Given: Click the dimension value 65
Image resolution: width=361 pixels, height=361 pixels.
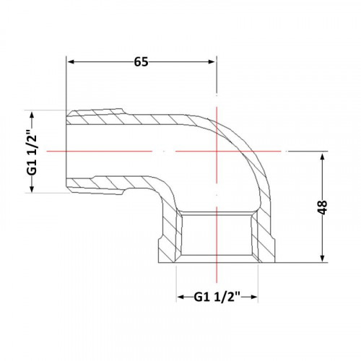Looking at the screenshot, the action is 141,62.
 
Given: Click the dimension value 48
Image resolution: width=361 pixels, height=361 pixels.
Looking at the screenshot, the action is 322,207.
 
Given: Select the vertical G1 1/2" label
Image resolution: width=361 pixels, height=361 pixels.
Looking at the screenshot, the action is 32,152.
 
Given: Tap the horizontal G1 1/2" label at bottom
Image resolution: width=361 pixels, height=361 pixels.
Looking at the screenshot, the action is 217,297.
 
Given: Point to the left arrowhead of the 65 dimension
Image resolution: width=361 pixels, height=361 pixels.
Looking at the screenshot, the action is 71,62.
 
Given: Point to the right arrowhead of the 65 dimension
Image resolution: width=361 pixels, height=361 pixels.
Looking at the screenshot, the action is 212,62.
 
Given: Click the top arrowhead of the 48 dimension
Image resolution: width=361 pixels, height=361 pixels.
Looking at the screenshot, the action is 323,157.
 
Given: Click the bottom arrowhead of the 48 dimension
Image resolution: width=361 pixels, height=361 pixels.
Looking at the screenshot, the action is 323,258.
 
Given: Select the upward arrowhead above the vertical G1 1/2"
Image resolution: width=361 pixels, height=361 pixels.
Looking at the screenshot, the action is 32,116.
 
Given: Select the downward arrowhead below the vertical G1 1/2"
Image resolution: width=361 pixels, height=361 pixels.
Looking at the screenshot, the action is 32,188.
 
